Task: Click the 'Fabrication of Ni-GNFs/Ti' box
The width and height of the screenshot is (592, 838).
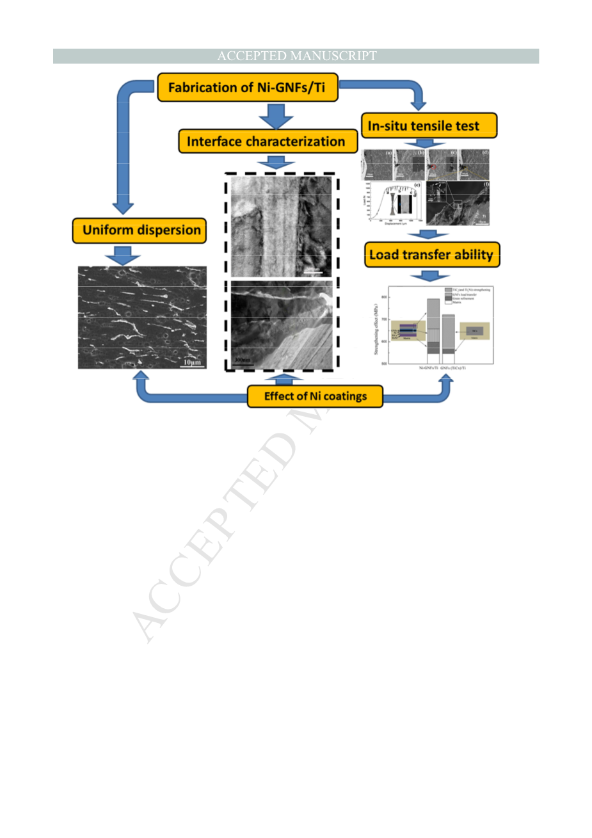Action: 247,88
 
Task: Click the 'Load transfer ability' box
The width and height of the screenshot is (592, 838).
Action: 431,255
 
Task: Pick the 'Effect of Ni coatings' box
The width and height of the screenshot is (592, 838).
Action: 316,396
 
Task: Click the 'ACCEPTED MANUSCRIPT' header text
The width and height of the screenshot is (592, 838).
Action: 296,56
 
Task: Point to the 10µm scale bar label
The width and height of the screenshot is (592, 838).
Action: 191,362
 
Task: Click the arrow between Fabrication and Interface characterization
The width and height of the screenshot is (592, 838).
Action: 276,117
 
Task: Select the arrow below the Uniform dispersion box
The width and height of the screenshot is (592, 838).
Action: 122,255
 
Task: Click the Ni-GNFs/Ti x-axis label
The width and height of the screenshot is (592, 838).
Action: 429,368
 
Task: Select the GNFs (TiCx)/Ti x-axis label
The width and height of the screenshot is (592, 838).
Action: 453,368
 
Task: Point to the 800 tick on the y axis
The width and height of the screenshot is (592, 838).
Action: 384,297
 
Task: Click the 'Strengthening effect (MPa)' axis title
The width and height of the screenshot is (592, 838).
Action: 376,330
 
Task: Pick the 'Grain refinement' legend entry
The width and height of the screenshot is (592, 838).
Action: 465,298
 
